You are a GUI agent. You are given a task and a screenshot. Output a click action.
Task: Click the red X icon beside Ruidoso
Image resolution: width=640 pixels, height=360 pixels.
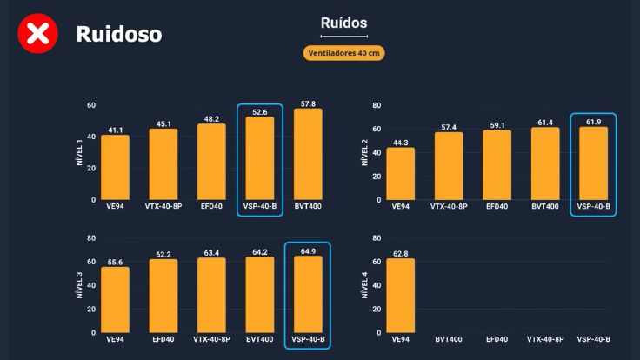point(38,34)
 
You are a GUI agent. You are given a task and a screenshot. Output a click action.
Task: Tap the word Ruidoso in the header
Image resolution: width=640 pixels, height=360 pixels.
point(118,34)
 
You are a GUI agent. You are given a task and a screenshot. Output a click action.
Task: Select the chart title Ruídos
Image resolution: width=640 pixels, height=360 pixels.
point(343,23)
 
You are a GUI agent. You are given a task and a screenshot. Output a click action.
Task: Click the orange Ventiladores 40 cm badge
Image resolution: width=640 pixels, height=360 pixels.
point(343,53)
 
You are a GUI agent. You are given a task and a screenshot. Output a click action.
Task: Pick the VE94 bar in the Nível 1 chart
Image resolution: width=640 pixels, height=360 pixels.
point(115,168)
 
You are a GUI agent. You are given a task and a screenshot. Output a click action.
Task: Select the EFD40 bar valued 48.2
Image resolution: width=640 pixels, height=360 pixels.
point(211,163)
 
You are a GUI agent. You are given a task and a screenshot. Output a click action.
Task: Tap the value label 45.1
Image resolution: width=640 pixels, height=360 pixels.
point(163,123)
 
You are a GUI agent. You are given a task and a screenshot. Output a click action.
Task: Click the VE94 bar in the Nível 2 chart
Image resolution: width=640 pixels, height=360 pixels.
point(400,174)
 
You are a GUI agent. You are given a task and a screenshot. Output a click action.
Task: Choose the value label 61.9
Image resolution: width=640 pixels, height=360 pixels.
point(593,122)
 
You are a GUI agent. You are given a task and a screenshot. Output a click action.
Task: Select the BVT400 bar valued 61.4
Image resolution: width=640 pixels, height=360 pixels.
point(545,164)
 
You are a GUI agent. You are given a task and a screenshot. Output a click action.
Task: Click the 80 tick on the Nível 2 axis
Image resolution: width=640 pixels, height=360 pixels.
point(377,105)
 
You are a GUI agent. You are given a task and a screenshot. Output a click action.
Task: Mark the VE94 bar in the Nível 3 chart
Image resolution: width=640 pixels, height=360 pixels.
point(115,300)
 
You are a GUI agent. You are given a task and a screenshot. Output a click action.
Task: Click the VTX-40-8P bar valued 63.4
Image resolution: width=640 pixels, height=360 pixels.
point(211,296)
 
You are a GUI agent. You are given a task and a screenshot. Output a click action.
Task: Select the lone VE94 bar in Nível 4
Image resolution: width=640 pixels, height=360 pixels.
point(400,296)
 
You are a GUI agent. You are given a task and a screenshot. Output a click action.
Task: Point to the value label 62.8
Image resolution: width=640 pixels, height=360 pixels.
point(400,253)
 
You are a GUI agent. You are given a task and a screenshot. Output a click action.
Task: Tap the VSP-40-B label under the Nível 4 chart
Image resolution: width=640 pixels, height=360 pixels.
point(593,339)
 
